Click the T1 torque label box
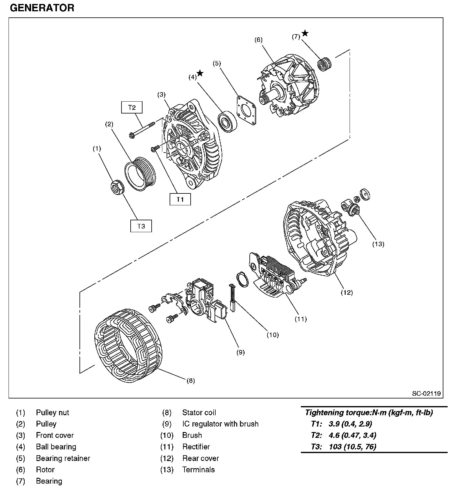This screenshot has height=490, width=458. (x=180, y=199)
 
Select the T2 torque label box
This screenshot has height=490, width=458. (x=132, y=107)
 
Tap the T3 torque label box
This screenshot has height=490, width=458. (x=141, y=226)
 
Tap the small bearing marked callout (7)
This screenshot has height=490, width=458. (x=324, y=64)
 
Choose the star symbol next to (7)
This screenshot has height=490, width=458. (x=305, y=33)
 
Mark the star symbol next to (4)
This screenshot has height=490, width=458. (x=200, y=73)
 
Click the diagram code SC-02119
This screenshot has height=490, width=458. (x=426, y=393)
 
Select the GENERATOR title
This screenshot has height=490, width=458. (x=42, y=8)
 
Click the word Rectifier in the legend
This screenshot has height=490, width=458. (x=196, y=447)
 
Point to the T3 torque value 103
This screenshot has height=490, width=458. (x=335, y=447)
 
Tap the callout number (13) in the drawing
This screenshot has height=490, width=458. (x=379, y=244)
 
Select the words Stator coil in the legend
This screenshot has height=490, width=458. (x=199, y=413)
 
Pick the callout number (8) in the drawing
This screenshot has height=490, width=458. (x=190, y=380)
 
